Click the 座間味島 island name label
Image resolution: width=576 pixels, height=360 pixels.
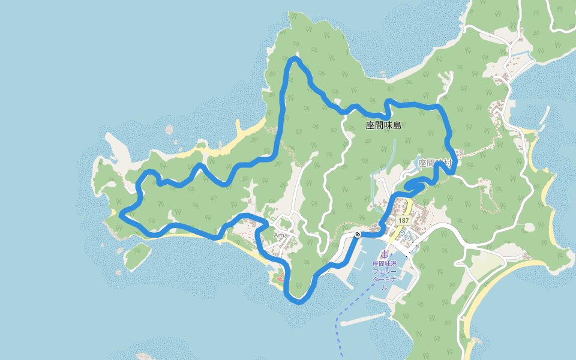point(383,126)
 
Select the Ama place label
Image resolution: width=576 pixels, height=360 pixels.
point(281,235)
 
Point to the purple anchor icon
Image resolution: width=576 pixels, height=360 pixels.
point(385,255)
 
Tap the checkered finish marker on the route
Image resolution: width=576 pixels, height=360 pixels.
point(358,234)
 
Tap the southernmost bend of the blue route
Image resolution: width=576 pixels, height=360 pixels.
point(299,301)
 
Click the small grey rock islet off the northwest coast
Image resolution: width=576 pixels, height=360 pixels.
point(169,129)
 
